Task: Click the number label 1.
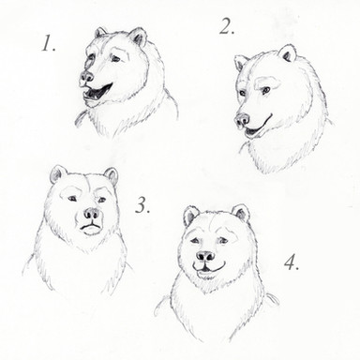click(x=49, y=43)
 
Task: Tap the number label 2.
click(x=227, y=26)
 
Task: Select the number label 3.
click(x=142, y=205)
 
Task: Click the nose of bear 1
click(x=86, y=76)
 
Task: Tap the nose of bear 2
click(x=242, y=120)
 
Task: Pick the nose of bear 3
click(x=93, y=214)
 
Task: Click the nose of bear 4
click(x=205, y=257)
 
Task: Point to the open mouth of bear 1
click(x=96, y=93)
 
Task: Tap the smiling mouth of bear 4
click(x=208, y=267)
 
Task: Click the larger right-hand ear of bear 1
click(x=138, y=37)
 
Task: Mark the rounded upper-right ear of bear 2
click(x=288, y=52)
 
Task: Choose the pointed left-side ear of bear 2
click(x=240, y=63)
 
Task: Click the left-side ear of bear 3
click(x=58, y=174)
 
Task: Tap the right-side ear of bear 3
click(x=112, y=175)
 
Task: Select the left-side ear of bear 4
click(x=190, y=215)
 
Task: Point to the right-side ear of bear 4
click(x=241, y=213)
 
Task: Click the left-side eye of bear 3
click(x=72, y=198)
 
